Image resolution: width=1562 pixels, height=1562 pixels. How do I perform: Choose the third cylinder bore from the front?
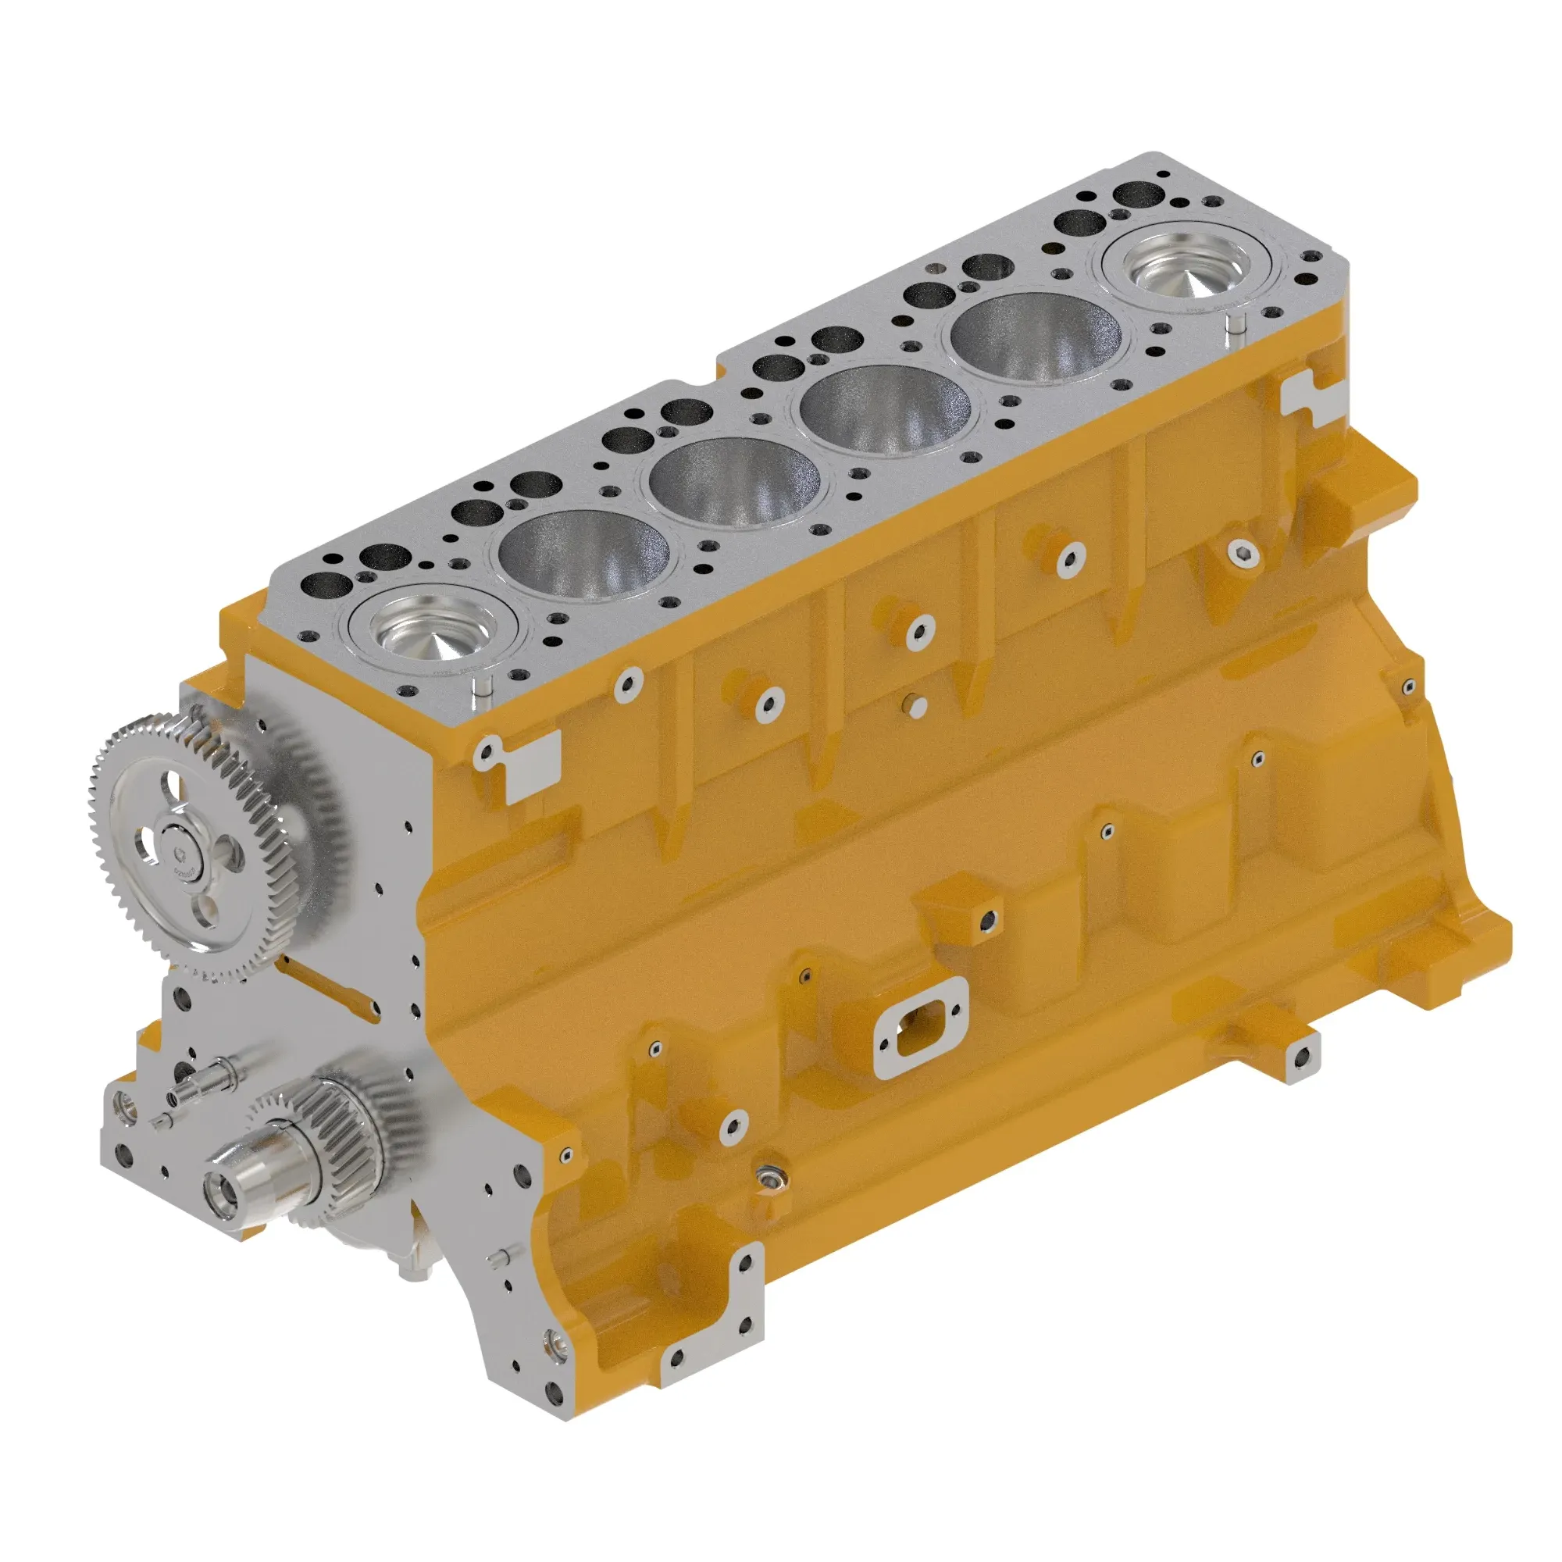click(734, 483)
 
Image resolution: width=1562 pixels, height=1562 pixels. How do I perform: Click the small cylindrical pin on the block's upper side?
click(917, 705)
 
